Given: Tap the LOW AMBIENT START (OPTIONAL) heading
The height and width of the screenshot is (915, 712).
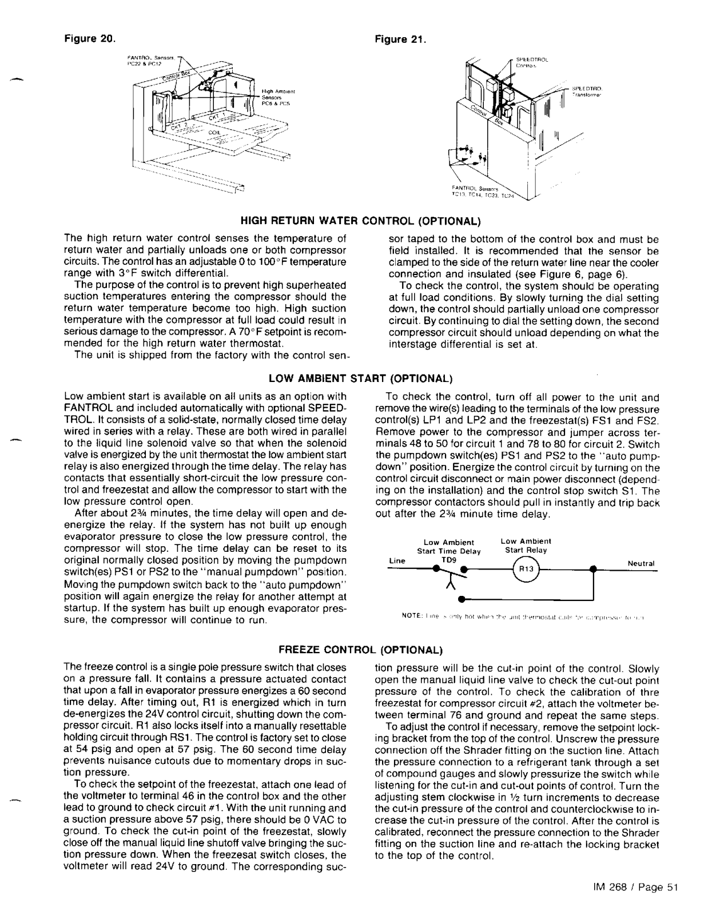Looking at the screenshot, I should point(360,379).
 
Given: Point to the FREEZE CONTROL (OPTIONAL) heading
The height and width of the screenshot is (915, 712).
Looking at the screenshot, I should point(360,650).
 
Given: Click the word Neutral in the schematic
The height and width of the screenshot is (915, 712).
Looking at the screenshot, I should point(641,564).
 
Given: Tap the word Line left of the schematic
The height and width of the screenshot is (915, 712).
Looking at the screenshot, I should point(397,561).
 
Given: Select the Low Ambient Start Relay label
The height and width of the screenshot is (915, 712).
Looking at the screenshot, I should point(526,546).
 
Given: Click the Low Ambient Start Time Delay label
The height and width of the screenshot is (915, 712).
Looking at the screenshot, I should point(448,547).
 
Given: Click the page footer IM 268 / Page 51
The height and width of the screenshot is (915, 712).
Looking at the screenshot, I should point(635,887).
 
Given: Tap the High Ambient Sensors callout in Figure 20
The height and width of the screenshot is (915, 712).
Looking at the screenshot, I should point(277,98).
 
